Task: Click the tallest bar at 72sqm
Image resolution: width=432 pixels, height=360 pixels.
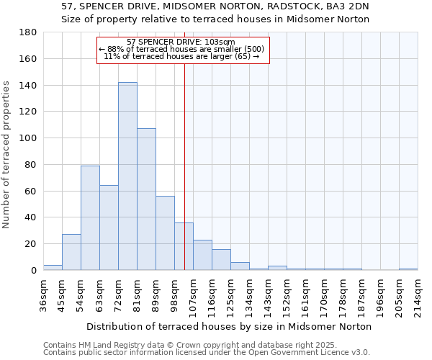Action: click(x=127, y=176)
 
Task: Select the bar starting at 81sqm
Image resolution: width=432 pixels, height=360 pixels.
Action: click(x=146, y=199)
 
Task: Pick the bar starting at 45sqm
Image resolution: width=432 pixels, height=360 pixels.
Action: click(x=71, y=252)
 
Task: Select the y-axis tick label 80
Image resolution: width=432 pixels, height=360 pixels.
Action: click(x=32, y=165)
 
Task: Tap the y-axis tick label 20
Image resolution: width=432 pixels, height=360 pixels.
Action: click(x=32, y=244)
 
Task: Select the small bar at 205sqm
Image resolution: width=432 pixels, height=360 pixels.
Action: click(x=408, y=269)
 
